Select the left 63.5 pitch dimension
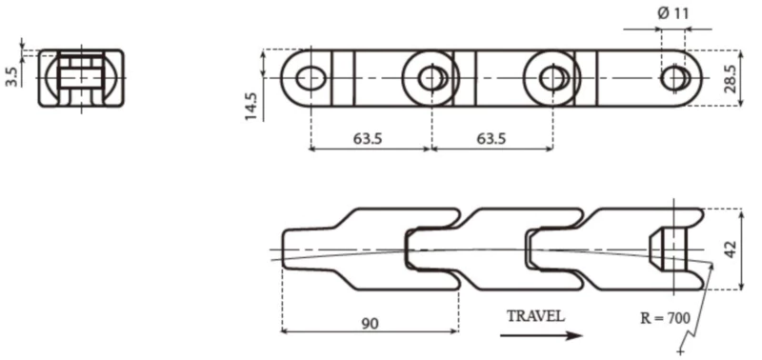368,139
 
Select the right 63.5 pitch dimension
491,139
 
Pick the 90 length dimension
370,324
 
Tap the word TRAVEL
535,315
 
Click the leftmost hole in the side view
309,77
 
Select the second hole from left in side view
431,77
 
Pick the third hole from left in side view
552,77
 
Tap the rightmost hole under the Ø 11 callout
674,77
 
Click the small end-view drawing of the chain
81,77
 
